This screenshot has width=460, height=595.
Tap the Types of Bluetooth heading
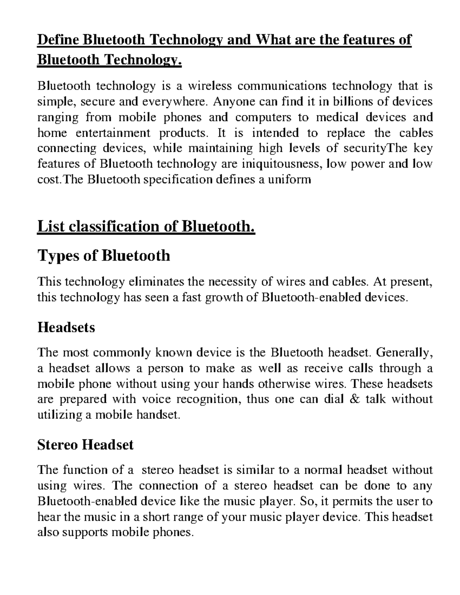tap(103, 256)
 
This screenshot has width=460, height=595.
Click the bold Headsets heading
tap(66, 328)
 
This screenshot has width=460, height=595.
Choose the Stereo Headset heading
tap(85, 445)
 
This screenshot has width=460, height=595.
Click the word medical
tap(339, 117)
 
